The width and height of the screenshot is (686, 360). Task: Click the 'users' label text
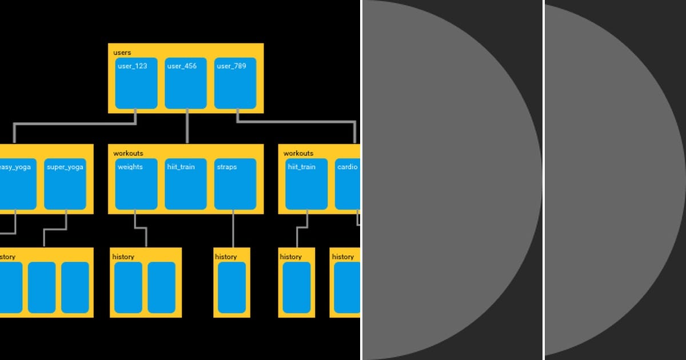pos(122,53)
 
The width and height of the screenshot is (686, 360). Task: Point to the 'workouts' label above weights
pos(128,153)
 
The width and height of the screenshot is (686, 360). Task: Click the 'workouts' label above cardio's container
pos(298,153)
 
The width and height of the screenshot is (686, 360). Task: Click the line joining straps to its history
pos(233,229)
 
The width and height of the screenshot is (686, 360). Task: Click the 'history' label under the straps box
pos(226,257)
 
